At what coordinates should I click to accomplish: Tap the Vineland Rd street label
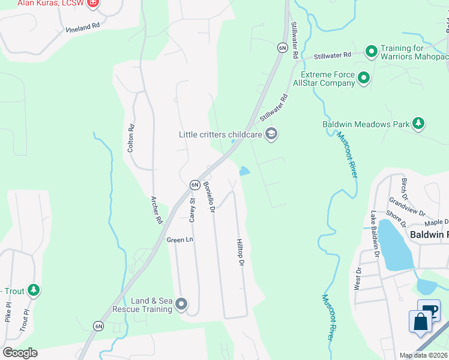82,28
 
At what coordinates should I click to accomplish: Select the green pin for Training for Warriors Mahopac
371,52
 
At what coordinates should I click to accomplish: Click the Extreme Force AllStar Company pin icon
363,78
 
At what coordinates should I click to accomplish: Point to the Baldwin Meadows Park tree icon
418,124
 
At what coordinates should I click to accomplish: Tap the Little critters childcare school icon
271,134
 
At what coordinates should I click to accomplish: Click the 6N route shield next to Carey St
194,185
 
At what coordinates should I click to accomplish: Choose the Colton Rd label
130,138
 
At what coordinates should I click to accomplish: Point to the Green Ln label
180,239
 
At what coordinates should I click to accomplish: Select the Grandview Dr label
406,207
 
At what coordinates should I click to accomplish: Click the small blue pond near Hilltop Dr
244,171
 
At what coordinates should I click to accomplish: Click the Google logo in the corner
20,353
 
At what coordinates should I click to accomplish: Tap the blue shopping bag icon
420,321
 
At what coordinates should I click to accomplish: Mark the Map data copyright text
424,356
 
